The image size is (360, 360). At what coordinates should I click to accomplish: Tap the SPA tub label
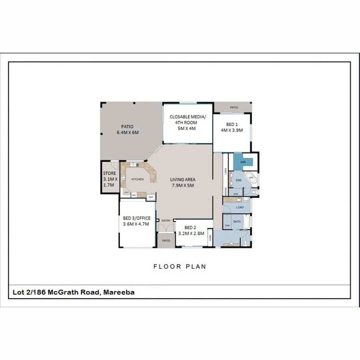pyautogui.click(x=252, y=178)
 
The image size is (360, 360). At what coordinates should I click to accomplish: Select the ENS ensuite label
pyautogui.click(x=238, y=180)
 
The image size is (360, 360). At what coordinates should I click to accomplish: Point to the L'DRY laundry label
pyautogui.click(x=240, y=208)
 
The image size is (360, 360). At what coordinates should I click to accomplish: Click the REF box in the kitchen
pyautogui.click(x=151, y=197)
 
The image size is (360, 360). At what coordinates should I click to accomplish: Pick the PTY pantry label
pyautogui.click(x=126, y=193)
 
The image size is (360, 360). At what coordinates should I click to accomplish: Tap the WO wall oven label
pyautogui.click(x=134, y=195)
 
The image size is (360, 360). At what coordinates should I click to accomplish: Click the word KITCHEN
pyautogui.click(x=137, y=179)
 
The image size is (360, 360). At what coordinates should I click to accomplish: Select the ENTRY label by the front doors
pyautogui.click(x=166, y=221)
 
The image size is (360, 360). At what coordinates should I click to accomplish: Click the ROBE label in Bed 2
pyautogui.click(x=210, y=237)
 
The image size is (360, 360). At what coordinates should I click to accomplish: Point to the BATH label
pyautogui.click(x=237, y=222)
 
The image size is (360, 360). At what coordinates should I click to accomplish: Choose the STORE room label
pyautogui.click(x=109, y=173)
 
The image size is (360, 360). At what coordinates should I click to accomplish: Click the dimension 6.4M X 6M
pyautogui.click(x=127, y=132)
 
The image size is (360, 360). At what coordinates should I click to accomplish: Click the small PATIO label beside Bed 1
pyautogui.click(x=234, y=108)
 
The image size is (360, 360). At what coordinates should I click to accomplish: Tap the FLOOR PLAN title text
pyautogui.click(x=180, y=266)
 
